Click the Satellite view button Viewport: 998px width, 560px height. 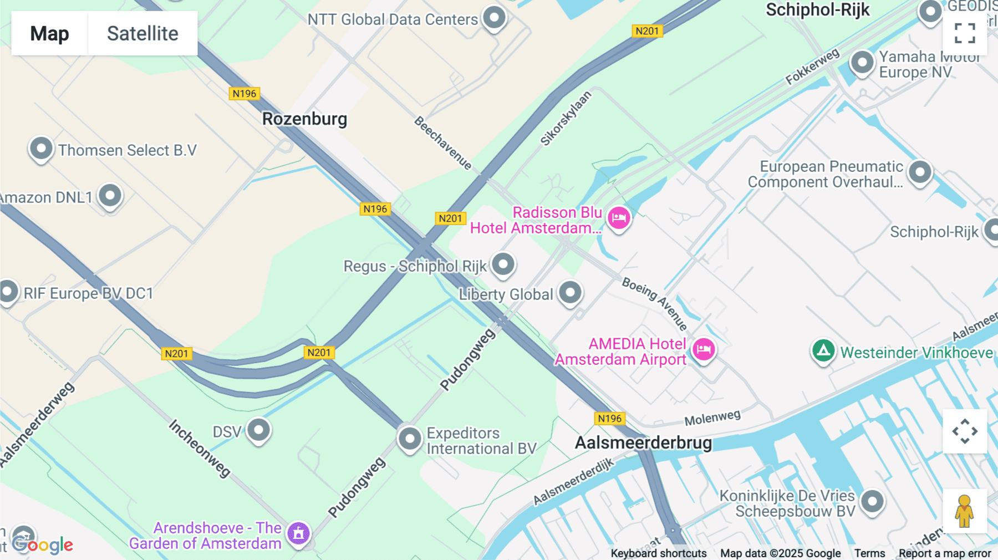click(x=142, y=33)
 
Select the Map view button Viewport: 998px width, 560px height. click(x=49, y=33)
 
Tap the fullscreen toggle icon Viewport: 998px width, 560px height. click(x=965, y=33)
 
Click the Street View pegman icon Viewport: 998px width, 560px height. click(x=964, y=511)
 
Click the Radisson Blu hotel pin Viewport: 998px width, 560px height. click(x=619, y=218)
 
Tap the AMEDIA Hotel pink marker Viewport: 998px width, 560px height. click(x=704, y=349)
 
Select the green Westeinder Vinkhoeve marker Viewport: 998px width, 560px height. click(x=823, y=350)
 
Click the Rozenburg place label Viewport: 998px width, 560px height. click(x=304, y=119)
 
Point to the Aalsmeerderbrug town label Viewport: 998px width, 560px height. click(x=643, y=442)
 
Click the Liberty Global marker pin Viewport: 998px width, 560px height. click(x=570, y=292)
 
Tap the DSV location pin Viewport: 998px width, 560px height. click(x=258, y=430)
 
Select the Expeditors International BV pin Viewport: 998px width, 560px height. click(x=410, y=439)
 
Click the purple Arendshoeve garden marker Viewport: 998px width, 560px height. click(x=298, y=533)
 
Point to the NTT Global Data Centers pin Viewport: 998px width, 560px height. click(x=494, y=17)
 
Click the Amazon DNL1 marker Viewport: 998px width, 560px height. click(x=110, y=195)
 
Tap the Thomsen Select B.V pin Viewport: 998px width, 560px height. click(x=41, y=149)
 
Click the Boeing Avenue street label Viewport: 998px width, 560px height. click(x=654, y=303)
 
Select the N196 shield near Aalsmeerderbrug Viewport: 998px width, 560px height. click(x=609, y=419)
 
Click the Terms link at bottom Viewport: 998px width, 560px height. click(x=869, y=553)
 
